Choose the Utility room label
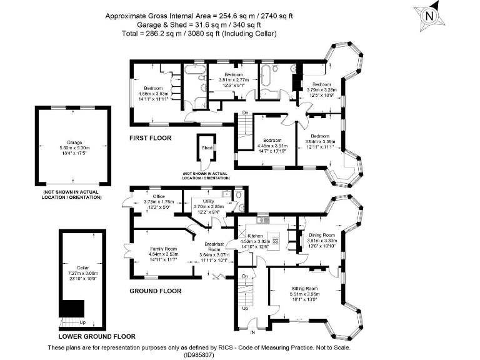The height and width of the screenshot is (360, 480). click(208, 201)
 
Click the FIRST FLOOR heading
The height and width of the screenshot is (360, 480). click(150, 138)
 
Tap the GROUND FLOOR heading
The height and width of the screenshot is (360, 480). click(155, 291)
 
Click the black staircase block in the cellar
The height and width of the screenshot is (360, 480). click(72, 309)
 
